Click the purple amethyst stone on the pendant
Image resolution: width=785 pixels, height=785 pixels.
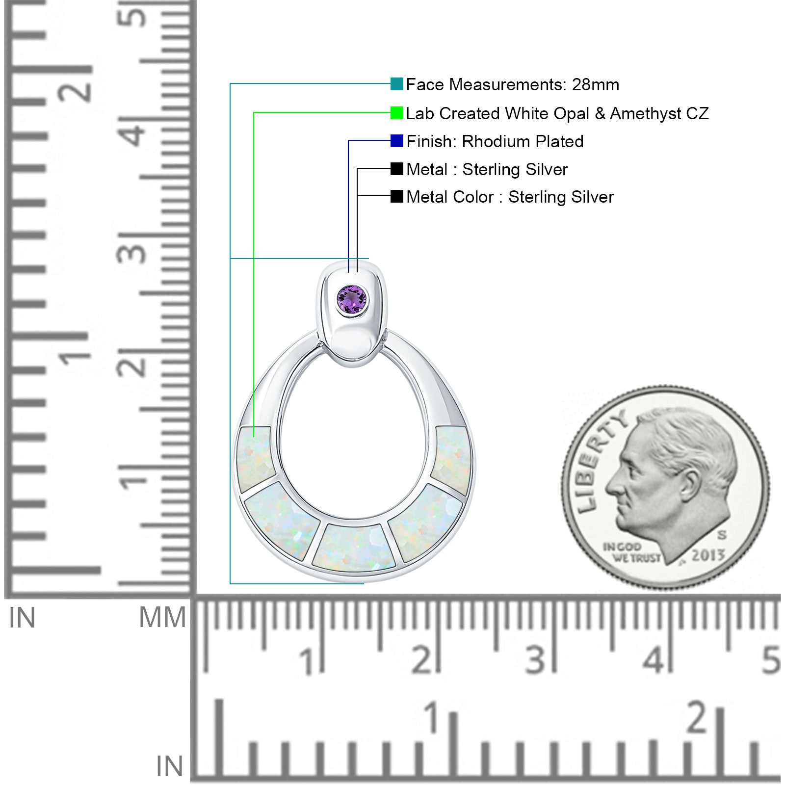(x=352, y=299)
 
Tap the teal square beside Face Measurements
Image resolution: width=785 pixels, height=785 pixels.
(x=397, y=84)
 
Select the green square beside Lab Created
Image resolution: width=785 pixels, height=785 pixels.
(x=397, y=113)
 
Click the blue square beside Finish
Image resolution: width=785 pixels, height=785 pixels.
(x=397, y=141)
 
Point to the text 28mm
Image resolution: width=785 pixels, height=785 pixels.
(x=596, y=84)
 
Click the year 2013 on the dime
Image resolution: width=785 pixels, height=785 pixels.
(x=708, y=555)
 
